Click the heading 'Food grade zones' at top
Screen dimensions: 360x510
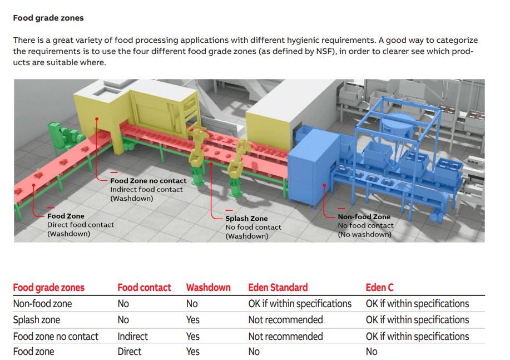point(48,18)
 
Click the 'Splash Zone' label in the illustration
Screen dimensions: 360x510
point(246,219)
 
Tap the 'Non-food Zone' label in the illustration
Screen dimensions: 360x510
point(364,217)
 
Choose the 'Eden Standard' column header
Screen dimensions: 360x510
point(278,288)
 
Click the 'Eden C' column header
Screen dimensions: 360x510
point(379,288)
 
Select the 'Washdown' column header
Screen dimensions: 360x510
point(208,288)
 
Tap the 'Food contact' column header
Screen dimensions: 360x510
point(144,288)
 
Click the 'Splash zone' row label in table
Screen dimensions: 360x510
point(36,320)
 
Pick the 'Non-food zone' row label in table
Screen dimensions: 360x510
point(42,304)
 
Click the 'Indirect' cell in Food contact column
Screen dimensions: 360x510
point(132,336)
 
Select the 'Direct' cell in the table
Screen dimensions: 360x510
point(129,352)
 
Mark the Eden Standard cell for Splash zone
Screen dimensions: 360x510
point(285,320)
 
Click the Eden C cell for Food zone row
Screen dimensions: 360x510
point(372,352)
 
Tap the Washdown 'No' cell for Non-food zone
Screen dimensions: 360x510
point(192,304)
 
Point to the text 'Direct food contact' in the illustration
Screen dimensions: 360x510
point(80,225)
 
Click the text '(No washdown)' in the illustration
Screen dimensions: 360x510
point(364,234)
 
